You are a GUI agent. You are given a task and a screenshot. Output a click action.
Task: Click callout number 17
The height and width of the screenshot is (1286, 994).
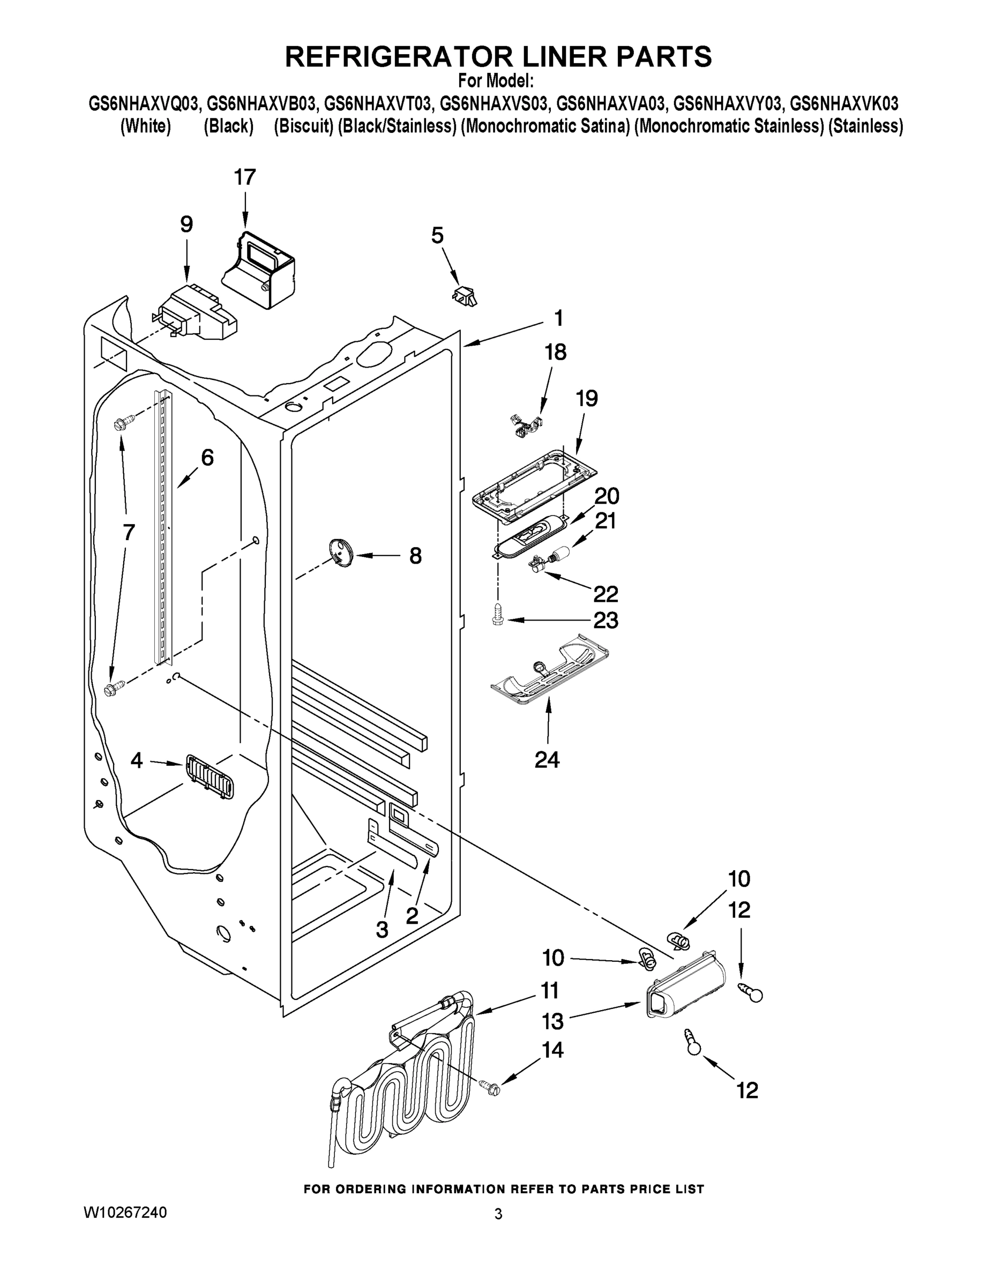click(x=245, y=177)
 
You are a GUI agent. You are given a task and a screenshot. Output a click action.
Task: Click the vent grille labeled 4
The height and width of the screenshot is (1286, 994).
click(x=209, y=778)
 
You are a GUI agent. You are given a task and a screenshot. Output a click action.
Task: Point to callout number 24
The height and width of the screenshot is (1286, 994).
click(x=547, y=760)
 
